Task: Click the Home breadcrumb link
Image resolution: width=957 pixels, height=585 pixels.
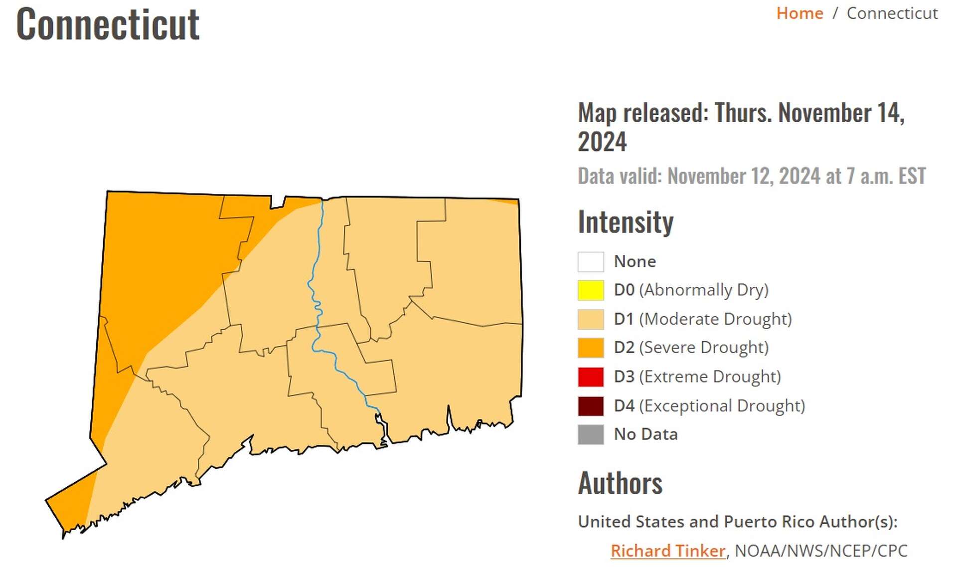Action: click(799, 13)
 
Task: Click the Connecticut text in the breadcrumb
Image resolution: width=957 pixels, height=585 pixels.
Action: click(892, 13)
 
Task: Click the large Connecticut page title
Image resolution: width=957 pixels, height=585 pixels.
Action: click(108, 24)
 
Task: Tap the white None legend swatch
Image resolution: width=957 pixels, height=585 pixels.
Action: click(591, 261)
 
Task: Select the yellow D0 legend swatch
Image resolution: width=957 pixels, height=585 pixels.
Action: click(591, 290)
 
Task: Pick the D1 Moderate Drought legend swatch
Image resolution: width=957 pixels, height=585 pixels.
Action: click(591, 319)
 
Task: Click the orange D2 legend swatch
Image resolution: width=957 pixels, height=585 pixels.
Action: click(591, 348)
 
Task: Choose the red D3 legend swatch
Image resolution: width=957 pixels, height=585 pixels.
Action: click(591, 377)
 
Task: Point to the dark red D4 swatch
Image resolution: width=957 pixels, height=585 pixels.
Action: click(591, 405)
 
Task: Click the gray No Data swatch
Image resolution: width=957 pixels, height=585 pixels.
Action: click(591, 434)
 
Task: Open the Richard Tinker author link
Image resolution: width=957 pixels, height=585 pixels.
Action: click(667, 551)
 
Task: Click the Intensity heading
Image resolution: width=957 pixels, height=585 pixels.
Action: click(626, 222)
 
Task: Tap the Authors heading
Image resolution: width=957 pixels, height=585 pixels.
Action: click(620, 483)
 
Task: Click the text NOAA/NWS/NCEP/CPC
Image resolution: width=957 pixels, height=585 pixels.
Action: click(821, 551)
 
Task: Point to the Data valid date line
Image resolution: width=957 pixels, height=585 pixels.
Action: click(751, 176)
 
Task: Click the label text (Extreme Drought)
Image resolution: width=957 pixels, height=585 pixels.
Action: click(710, 377)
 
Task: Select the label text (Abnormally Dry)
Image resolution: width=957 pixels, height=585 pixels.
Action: click(704, 290)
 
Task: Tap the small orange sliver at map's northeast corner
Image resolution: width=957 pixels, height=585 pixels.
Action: click(510, 201)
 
